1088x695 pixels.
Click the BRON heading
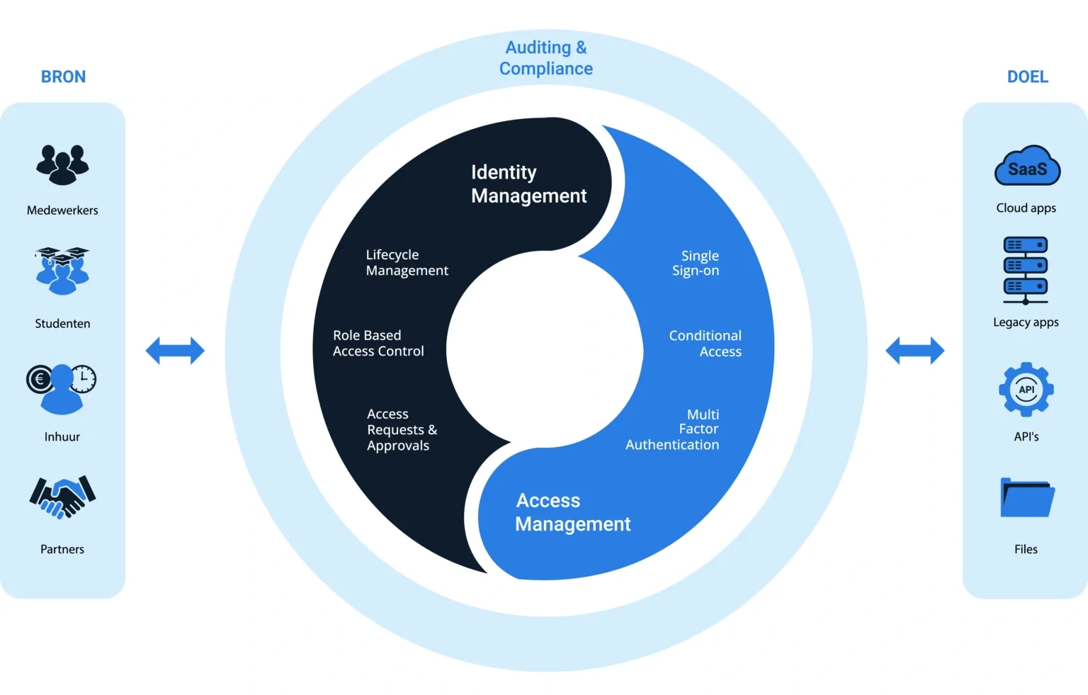tap(63, 77)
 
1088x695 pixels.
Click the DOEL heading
tap(1027, 77)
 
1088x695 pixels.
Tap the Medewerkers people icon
tap(62, 164)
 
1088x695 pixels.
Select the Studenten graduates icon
tap(62, 271)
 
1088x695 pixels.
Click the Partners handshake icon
tap(62, 497)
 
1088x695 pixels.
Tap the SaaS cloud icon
tap(1027, 166)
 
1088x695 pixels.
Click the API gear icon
tap(1026, 389)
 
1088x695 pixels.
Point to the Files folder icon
tap(1026, 497)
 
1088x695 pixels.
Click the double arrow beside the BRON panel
tap(175, 351)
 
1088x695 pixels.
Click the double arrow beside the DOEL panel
tap(914, 351)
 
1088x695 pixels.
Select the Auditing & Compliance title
tap(545, 58)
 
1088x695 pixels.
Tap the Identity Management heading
tap(528, 183)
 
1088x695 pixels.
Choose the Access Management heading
tap(572, 512)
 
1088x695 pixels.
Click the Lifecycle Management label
tap(407, 263)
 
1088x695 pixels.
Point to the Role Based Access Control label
tap(378, 344)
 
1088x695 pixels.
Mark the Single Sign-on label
tap(696, 263)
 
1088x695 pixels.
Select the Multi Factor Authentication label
tap(673, 429)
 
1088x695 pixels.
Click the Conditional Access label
tap(705, 344)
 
